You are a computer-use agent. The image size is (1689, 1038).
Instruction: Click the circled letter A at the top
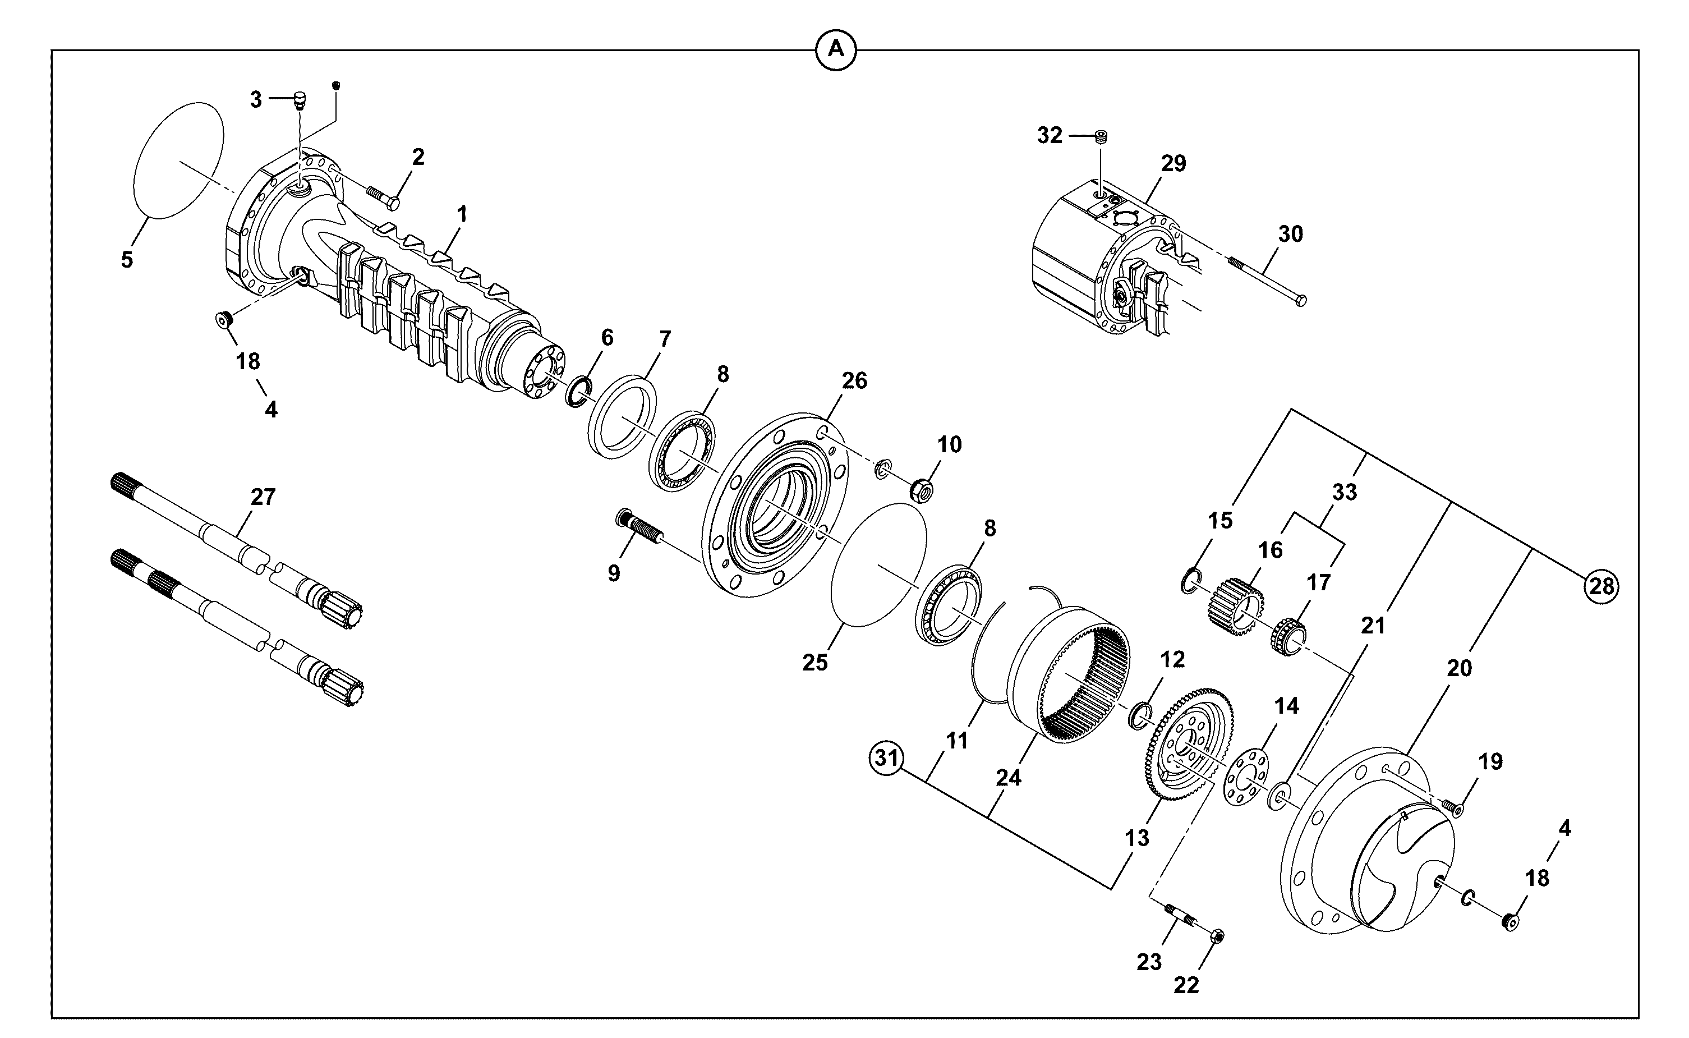tap(835, 49)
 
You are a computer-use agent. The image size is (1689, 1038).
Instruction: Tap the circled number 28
tap(1601, 586)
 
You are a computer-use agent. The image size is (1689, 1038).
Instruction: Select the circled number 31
tap(887, 759)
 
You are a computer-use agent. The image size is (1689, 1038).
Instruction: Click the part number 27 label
tap(263, 497)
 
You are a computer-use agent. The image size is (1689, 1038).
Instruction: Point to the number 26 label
tap(854, 380)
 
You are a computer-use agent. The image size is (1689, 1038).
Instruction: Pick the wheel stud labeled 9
tap(638, 526)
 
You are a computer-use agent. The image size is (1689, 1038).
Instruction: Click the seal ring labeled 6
tap(578, 391)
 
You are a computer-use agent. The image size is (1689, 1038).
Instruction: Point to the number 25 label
tap(816, 663)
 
